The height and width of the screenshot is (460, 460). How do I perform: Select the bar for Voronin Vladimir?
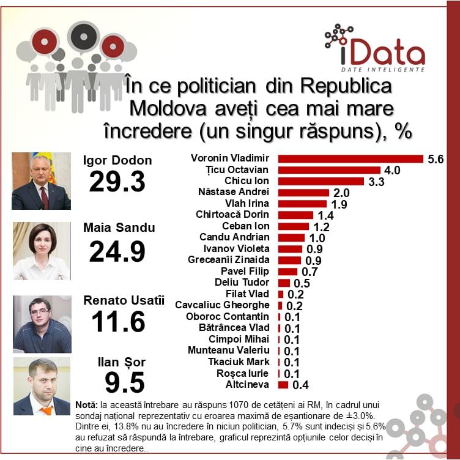point(351,159)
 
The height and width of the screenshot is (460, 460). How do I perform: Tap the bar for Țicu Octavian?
point(329,170)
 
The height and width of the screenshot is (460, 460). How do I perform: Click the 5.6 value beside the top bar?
point(436,159)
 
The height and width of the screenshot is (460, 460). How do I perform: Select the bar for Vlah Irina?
point(303,204)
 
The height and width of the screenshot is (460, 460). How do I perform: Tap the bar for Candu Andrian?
point(291,237)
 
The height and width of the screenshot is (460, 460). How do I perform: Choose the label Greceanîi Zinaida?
point(229,260)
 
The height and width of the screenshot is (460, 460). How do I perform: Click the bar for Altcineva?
point(283,385)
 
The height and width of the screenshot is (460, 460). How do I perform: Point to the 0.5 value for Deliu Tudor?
point(302,283)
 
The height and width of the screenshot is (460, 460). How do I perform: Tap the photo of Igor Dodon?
point(42,181)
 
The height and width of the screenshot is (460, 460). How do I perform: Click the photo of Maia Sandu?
point(42,251)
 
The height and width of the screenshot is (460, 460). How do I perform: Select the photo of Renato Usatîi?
point(42,324)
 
